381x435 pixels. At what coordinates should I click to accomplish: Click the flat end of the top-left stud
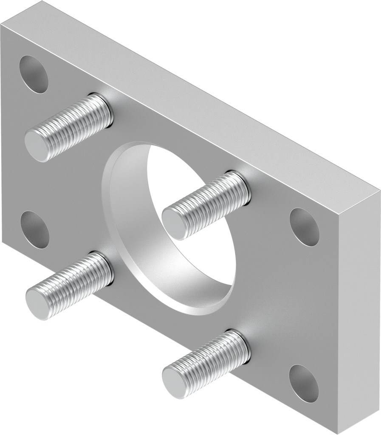[x=37, y=146]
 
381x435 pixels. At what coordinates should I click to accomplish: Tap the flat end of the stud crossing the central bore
[x=174, y=221]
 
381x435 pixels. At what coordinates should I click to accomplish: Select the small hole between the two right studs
[x=305, y=227]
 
